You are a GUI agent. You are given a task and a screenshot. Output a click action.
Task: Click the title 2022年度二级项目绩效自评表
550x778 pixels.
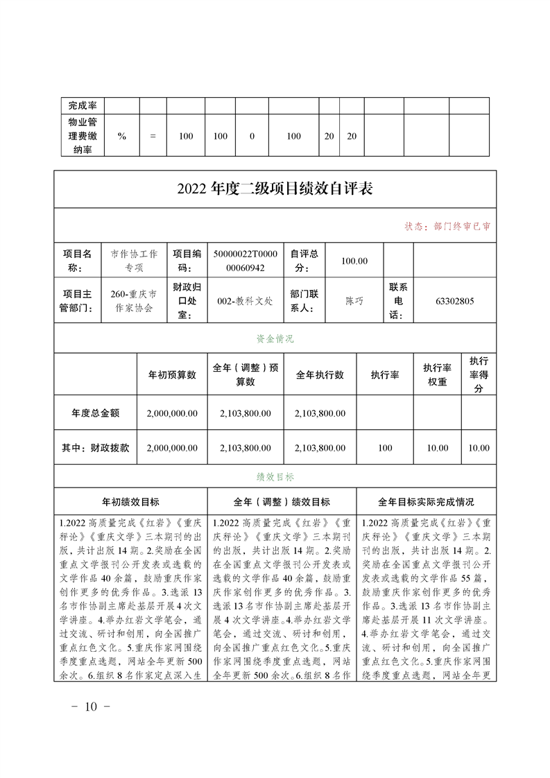(275, 189)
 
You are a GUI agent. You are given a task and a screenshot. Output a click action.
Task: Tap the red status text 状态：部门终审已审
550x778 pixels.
(447, 227)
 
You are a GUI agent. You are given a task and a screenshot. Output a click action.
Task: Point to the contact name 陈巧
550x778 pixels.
(354, 301)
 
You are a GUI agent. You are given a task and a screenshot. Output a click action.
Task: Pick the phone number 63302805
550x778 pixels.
(454, 301)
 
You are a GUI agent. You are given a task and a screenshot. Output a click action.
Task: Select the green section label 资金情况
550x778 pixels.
(275, 339)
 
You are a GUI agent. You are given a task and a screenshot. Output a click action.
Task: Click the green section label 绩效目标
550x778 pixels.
(275, 477)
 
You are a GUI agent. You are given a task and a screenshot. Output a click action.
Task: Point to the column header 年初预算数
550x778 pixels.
(172, 374)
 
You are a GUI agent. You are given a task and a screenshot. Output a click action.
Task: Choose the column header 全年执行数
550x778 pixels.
(320, 374)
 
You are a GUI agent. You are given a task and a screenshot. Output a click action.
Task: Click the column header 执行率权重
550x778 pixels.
(437, 374)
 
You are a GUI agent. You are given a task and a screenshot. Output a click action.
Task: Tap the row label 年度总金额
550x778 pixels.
(95, 413)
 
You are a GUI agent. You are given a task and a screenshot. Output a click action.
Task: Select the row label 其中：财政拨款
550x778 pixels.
(95, 448)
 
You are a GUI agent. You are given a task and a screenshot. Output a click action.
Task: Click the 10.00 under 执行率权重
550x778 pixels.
(437, 448)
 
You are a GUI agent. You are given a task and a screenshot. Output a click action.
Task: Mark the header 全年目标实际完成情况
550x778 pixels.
(426, 501)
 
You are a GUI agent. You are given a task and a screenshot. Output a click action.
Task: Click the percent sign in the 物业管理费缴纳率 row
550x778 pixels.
(122, 136)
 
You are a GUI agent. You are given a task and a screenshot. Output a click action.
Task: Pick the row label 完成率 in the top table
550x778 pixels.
(82, 105)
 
